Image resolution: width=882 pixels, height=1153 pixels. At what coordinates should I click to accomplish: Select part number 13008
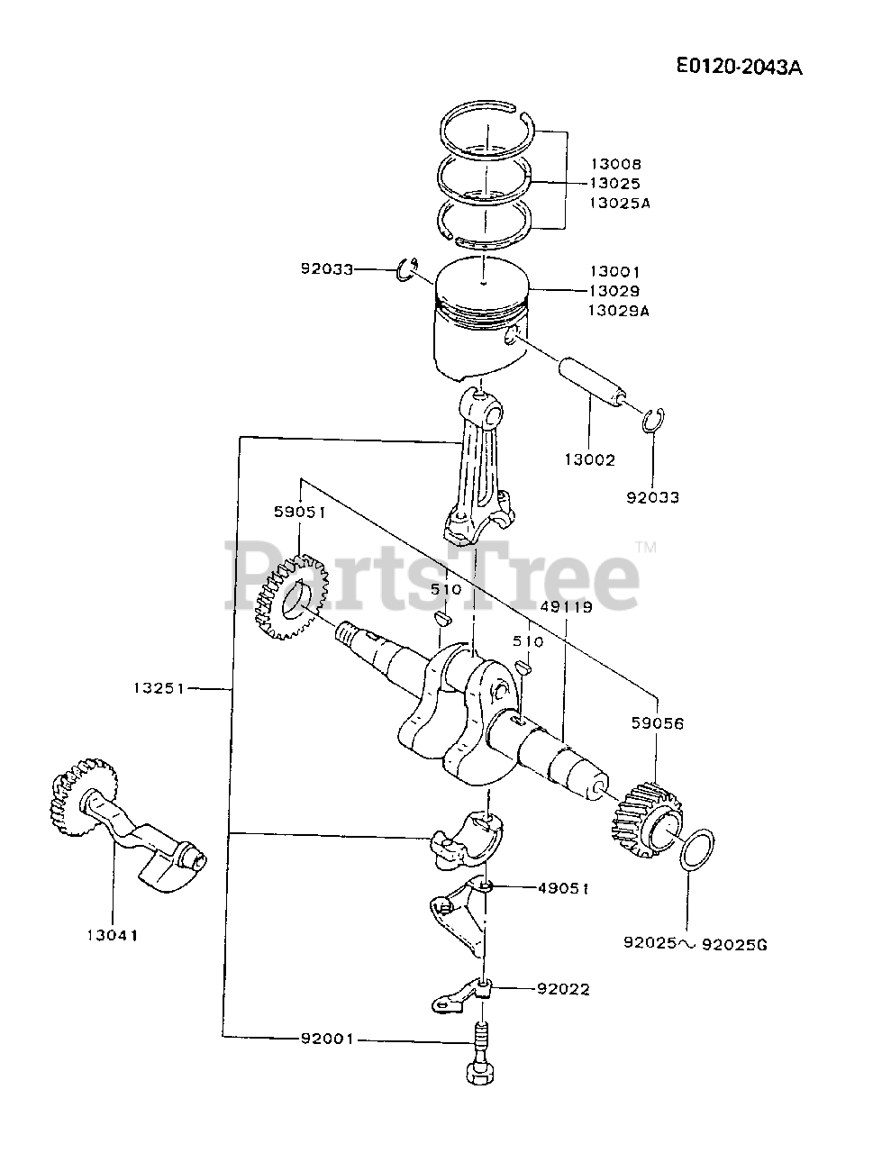(615, 164)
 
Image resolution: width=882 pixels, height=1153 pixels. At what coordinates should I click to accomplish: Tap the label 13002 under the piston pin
(589, 459)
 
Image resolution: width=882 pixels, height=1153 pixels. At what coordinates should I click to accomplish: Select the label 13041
(114, 935)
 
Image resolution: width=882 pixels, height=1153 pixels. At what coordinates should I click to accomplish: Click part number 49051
(563, 887)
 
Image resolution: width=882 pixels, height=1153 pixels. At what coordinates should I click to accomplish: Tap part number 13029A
(619, 310)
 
